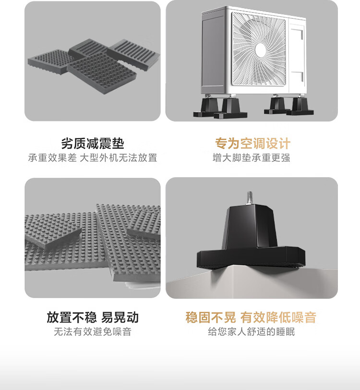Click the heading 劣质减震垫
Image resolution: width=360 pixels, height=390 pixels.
93,144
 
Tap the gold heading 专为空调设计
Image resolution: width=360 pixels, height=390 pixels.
252,144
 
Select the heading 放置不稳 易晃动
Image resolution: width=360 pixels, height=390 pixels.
93,317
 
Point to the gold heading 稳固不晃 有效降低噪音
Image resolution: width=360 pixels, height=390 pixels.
251,317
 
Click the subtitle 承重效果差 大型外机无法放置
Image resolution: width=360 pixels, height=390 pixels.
93,158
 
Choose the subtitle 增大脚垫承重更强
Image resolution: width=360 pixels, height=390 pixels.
252,158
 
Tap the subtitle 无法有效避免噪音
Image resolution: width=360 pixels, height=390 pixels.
93,331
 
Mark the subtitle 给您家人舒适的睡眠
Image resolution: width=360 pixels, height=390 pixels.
252,331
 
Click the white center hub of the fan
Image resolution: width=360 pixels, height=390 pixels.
261,50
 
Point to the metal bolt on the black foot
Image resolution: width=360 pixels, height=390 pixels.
250,198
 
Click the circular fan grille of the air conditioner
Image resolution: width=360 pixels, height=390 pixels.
259,49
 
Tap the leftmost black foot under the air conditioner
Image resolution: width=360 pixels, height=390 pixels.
207,108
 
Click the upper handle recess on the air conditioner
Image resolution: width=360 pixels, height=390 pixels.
297,33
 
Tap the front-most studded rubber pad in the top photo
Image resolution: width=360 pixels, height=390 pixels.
102,73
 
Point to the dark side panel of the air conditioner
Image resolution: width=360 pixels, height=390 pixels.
213,51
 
